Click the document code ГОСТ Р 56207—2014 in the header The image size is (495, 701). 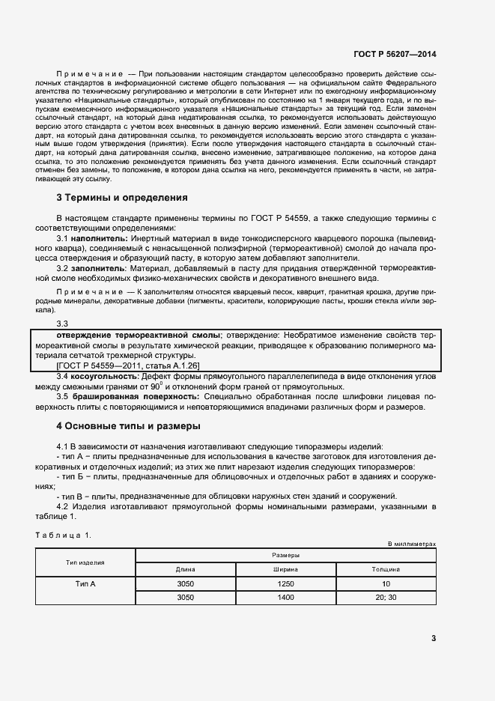point(394,55)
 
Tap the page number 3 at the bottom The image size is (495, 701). point(433,638)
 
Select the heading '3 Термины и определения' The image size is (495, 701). point(122,198)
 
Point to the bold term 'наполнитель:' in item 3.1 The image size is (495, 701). point(100,237)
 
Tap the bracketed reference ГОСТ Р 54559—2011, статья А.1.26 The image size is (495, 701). point(127,365)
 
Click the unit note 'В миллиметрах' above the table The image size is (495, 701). point(411,543)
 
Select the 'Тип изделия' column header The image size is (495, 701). point(85,562)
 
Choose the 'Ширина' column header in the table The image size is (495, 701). point(285,568)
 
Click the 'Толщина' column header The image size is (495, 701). point(386,568)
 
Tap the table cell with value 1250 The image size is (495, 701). point(285,583)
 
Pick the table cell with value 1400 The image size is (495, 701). point(285,597)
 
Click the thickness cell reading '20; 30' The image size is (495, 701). point(386,597)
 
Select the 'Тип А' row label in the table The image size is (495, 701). point(85,583)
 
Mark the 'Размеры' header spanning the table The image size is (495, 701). point(285,555)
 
